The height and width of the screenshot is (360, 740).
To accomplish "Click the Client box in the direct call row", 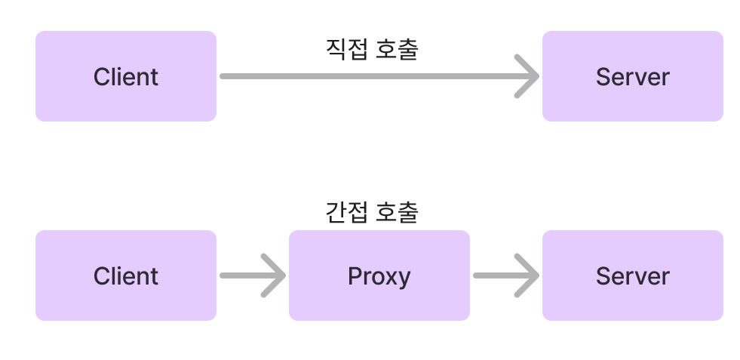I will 125,76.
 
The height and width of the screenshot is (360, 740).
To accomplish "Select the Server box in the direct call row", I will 632,76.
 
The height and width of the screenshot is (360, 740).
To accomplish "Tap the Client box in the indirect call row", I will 125,275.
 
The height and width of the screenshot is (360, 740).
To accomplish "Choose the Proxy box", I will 379,275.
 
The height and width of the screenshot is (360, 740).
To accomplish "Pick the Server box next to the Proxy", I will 632,275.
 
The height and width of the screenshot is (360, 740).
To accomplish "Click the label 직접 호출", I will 371,50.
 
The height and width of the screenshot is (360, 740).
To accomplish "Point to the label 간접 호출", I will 371,212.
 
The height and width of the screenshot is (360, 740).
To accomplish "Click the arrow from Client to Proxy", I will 252,275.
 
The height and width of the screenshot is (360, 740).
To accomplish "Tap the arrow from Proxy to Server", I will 505,275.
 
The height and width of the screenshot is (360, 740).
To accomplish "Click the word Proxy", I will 379,276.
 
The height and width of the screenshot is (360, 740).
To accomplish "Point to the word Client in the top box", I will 126,77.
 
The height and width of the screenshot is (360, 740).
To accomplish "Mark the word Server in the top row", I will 632,77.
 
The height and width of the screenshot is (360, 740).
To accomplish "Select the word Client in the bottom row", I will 126,276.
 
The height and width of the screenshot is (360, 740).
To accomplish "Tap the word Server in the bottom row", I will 632,276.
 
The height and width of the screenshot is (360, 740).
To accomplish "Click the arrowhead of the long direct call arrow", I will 528,76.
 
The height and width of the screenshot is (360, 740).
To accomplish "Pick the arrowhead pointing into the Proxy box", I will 275,275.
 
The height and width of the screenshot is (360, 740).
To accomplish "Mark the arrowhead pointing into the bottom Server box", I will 528,275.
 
